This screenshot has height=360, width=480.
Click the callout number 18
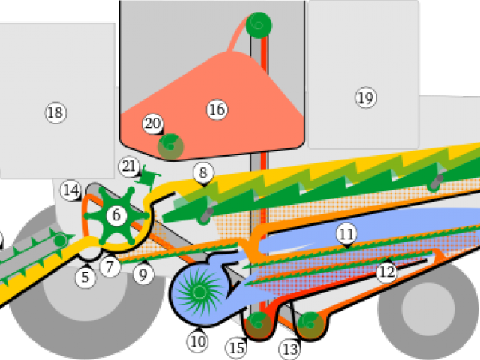55,112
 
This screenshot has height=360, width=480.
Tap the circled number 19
365,97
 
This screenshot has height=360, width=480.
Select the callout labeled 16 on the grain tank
216,110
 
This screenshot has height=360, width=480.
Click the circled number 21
128,166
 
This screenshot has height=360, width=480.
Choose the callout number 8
202,173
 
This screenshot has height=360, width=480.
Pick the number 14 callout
71,190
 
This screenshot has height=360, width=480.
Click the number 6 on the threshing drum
116,216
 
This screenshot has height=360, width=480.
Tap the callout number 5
85,277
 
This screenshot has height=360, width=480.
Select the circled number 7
110,266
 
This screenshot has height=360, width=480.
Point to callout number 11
346,235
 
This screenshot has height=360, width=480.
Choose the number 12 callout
386,271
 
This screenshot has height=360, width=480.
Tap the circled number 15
237,348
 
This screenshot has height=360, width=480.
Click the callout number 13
289,349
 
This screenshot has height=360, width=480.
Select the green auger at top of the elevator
259,24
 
